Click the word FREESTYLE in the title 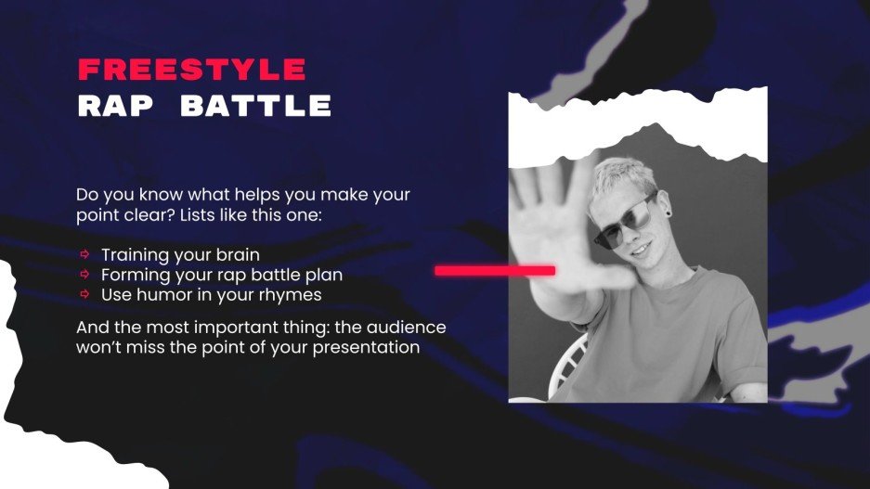coord(191,70)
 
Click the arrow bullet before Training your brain coord(84,254)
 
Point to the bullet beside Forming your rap coord(84,275)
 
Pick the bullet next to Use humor coord(84,294)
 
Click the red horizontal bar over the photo coord(495,270)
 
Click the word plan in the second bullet coord(326,275)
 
